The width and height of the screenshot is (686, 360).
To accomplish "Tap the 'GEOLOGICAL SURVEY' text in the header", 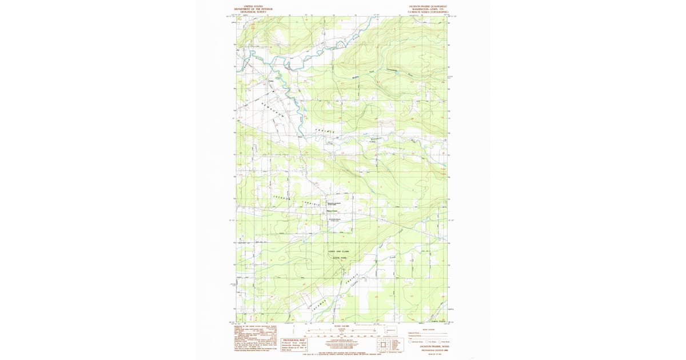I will pyautogui.click(x=253, y=11).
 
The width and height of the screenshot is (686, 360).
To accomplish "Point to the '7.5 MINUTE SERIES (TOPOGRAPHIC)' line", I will pyautogui.click(x=428, y=11).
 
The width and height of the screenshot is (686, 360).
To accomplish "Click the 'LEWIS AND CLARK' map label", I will pyautogui.click(x=338, y=252).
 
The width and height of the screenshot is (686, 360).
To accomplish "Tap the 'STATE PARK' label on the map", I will pyautogui.click(x=340, y=258).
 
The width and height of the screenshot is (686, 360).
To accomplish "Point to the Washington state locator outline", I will pyautogui.click(x=391, y=330).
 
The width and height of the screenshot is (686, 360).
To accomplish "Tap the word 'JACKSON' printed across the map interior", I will pyautogui.click(x=278, y=197).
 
